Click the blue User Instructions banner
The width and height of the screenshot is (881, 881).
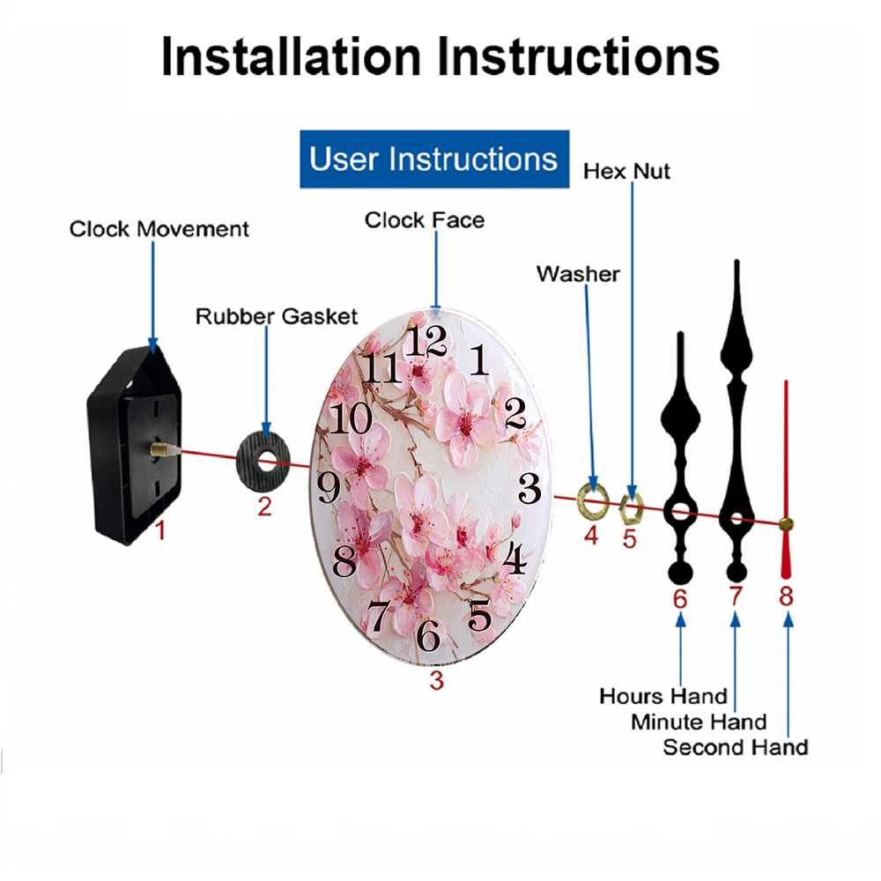[x=434, y=159]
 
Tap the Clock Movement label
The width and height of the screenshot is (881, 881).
[x=159, y=229]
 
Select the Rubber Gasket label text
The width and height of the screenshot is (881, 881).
[x=277, y=316]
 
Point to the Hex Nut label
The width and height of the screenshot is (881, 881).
[x=626, y=171]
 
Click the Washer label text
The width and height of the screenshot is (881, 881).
[x=578, y=274]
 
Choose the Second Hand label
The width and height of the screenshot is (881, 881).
[x=736, y=747]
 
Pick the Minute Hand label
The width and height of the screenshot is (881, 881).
[x=699, y=722]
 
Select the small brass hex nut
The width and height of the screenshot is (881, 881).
[x=631, y=509]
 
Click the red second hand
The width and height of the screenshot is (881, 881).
[x=786, y=479]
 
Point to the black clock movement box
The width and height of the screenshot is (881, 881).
[x=134, y=445]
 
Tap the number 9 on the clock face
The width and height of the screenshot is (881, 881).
[x=329, y=487]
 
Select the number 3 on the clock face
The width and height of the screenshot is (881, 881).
[x=529, y=488]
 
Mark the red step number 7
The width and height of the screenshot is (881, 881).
[x=736, y=596]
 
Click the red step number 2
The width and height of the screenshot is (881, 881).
[x=264, y=507]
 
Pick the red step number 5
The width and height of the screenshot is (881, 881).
[x=630, y=539]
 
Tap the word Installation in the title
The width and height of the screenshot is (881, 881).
[x=291, y=56]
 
